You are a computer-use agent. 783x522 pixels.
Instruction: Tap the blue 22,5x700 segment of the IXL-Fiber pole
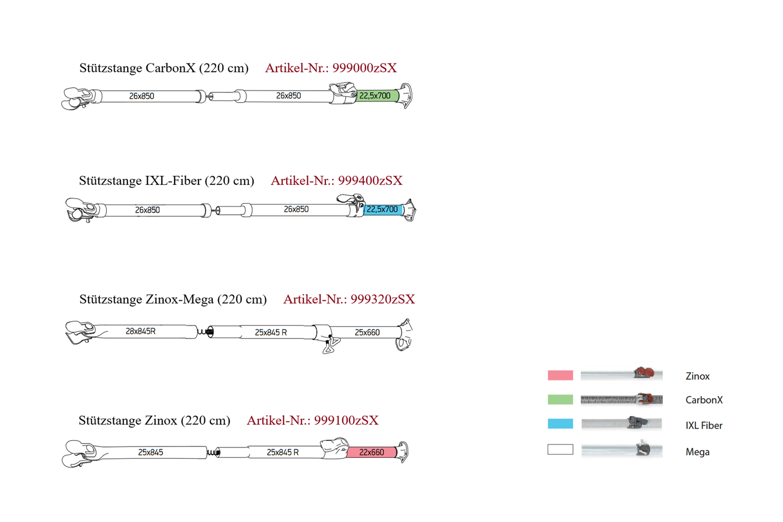tap(383, 210)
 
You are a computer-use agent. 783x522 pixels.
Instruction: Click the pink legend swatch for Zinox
tap(560, 375)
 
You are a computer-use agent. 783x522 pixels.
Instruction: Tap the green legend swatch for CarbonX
tap(560, 399)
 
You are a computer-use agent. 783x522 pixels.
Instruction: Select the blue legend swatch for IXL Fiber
tap(560, 424)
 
